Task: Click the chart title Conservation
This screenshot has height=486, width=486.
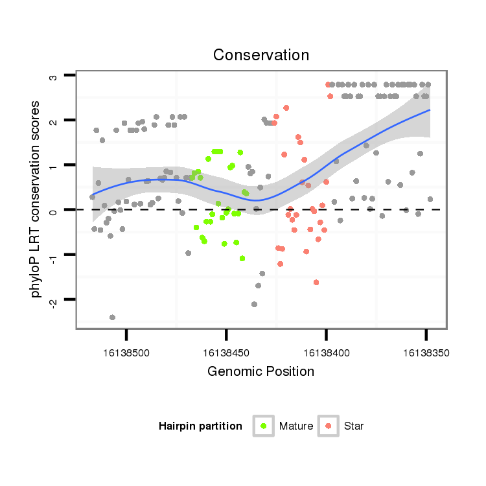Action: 260,55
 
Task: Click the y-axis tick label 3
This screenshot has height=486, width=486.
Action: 54,76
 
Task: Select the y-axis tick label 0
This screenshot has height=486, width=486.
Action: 54,211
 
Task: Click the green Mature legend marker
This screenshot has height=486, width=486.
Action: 263,426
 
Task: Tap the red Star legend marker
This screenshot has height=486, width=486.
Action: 328,426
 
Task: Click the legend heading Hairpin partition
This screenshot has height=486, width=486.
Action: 200,426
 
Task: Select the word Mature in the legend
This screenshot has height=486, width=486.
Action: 296,426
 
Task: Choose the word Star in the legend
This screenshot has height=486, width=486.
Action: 354,426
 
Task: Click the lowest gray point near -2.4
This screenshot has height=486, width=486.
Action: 112,318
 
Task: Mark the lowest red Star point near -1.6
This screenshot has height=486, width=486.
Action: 316,283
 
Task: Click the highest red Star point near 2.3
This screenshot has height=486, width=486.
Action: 286,108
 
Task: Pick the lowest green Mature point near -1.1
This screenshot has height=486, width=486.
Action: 242,259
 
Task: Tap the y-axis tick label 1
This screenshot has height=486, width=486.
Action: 54,166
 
